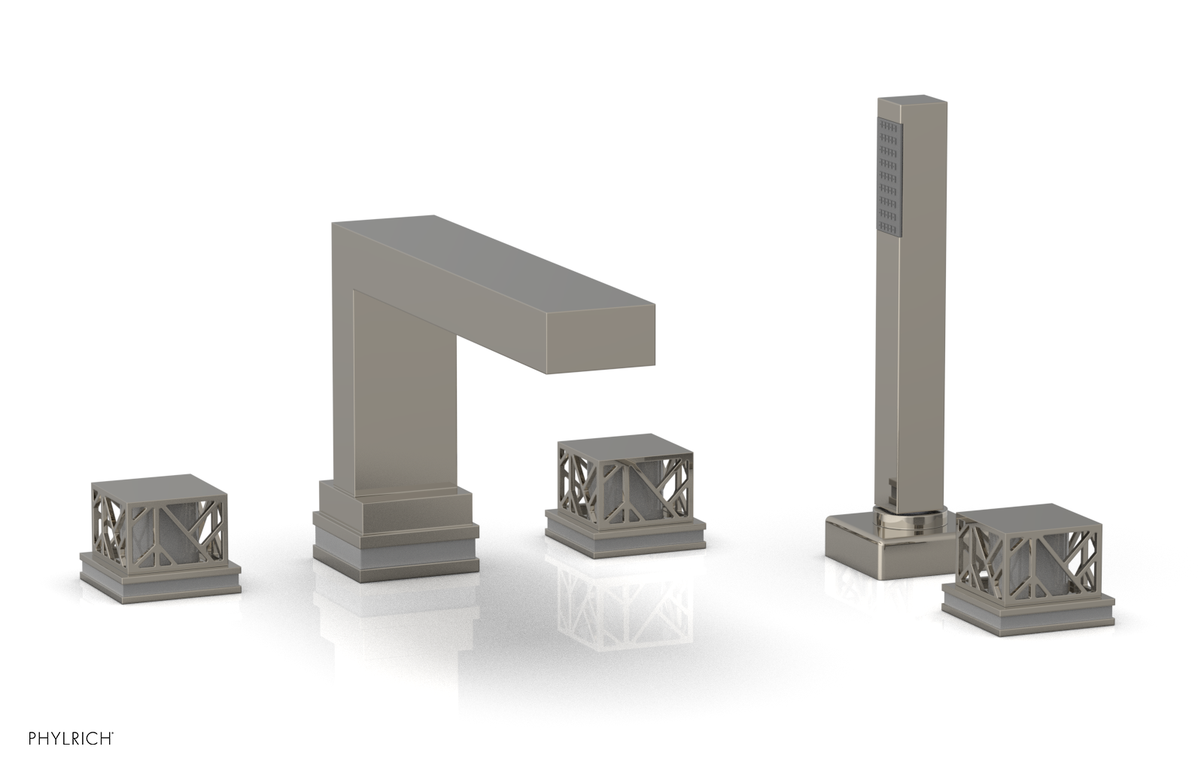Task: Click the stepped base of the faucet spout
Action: coord(394,527)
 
